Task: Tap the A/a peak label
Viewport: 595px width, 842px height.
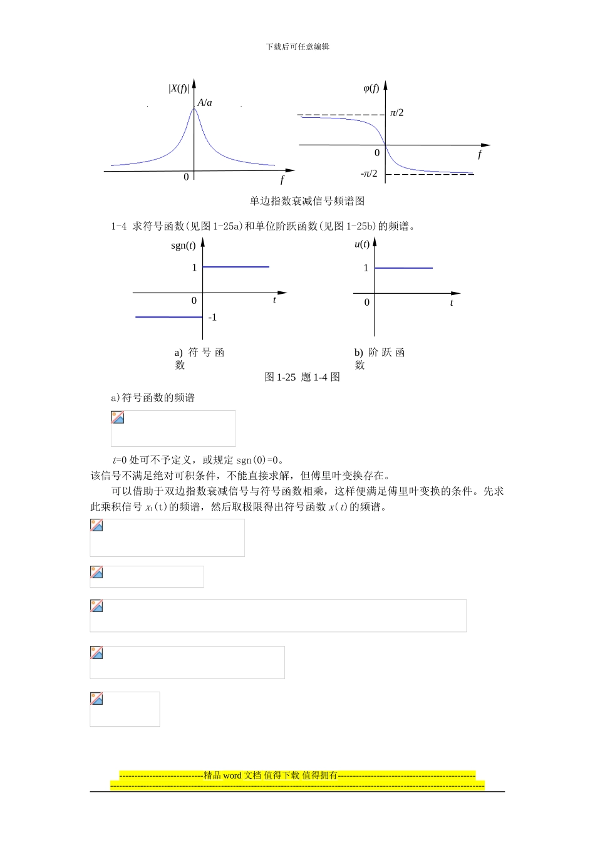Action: [x=205, y=103]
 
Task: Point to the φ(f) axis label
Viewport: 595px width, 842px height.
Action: [x=371, y=88]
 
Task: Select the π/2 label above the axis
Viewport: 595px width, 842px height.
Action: [x=396, y=113]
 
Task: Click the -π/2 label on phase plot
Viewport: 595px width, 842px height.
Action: [x=369, y=174]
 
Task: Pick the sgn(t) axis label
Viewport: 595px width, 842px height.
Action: [x=183, y=245]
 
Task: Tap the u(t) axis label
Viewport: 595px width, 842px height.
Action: [x=362, y=244]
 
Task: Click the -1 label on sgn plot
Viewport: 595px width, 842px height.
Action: [x=212, y=318]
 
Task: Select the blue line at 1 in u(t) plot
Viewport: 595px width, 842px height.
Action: [x=403, y=268]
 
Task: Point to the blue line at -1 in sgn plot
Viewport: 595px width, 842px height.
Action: [x=169, y=317]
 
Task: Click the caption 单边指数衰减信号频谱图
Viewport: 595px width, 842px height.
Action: [x=307, y=201]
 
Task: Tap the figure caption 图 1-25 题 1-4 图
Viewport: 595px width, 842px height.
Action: [x=303, y=377]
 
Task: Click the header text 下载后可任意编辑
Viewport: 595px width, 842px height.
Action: [x=297, y=47]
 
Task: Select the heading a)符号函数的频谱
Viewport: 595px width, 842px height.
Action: [x=153, y=398]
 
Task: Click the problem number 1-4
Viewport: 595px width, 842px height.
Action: [x=118, y=226]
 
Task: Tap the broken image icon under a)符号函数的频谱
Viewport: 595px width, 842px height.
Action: [x=118, y=417]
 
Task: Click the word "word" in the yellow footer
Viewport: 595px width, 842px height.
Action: [x=232, y=776]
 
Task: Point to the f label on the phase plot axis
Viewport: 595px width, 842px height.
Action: [x=480, y=154]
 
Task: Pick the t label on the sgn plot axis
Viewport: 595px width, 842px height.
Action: [x=274, y=300]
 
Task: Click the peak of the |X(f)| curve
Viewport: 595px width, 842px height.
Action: [x=194, y=110]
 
